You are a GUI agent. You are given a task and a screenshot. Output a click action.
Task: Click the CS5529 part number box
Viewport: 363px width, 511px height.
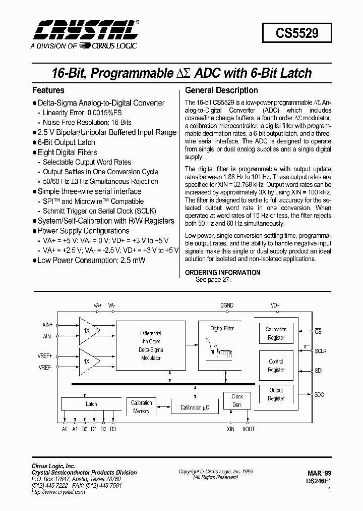coord(297,33)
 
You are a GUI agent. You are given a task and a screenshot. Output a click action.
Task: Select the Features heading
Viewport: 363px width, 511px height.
coord(48,90)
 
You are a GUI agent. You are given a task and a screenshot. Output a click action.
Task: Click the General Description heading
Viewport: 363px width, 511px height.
coord(222,90)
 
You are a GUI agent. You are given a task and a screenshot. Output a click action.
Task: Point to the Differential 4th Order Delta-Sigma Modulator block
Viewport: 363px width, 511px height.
coord(151,345)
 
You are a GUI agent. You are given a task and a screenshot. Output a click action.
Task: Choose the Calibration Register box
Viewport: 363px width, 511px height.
coord(276,334)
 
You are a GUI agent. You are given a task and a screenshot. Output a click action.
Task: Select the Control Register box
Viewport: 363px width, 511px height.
coord(276,366)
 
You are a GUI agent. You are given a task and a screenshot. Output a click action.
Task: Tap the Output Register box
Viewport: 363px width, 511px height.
coord(276,394)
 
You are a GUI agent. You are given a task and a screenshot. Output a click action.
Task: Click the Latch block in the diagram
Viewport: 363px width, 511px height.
coord(91,404)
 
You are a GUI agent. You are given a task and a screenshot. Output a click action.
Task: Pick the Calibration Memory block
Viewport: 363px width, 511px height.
coord(141,407)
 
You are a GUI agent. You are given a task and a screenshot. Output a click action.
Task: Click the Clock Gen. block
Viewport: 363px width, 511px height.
coord(237,400)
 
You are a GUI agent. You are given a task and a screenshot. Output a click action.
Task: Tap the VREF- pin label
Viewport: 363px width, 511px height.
coord(45,368)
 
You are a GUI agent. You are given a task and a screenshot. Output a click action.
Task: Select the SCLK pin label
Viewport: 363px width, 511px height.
coord(321,351)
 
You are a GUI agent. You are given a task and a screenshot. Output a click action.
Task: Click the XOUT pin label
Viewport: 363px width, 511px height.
coord(248,429)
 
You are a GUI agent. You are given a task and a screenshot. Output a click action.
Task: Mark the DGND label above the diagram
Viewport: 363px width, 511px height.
coord(227,305)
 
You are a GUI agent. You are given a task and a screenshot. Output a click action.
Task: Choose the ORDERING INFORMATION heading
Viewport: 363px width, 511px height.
coord(223,273)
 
